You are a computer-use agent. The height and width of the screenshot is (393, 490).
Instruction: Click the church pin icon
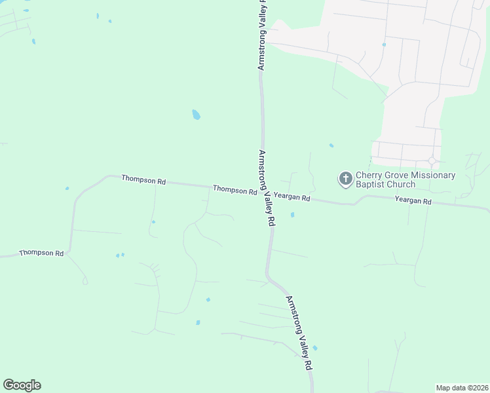point(345,178)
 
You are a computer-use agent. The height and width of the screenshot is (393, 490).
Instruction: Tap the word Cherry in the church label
point(369,176)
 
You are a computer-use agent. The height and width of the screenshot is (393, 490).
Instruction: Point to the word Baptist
point(371,185)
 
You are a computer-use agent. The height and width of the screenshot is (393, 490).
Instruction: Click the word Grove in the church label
point(398,176)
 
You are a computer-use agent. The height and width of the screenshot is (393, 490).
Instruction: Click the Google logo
point(22,385)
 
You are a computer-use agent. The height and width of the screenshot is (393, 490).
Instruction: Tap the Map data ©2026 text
point(462,388)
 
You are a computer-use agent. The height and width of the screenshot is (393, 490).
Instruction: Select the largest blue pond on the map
point(196,115)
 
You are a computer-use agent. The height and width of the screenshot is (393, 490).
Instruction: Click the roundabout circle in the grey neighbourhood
point(432,161)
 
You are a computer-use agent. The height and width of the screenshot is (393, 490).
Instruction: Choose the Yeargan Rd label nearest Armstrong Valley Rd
point(292,196)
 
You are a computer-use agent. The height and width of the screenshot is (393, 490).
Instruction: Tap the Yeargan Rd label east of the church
point(413,201)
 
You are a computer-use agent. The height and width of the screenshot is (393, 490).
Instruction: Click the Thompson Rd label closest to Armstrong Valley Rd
point(234,190)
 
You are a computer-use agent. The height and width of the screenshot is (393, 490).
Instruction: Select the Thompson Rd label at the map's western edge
point(41,253)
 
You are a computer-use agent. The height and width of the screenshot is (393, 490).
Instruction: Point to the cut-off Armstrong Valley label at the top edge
point(263,35)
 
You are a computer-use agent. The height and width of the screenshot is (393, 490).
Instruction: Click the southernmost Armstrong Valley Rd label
point(299,333)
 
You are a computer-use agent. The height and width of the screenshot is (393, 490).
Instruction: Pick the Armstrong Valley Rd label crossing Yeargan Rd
point(267,188)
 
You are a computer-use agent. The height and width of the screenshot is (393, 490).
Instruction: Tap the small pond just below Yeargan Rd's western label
point(292,214)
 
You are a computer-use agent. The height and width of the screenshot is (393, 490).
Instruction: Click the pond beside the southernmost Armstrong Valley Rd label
point(315,348)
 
